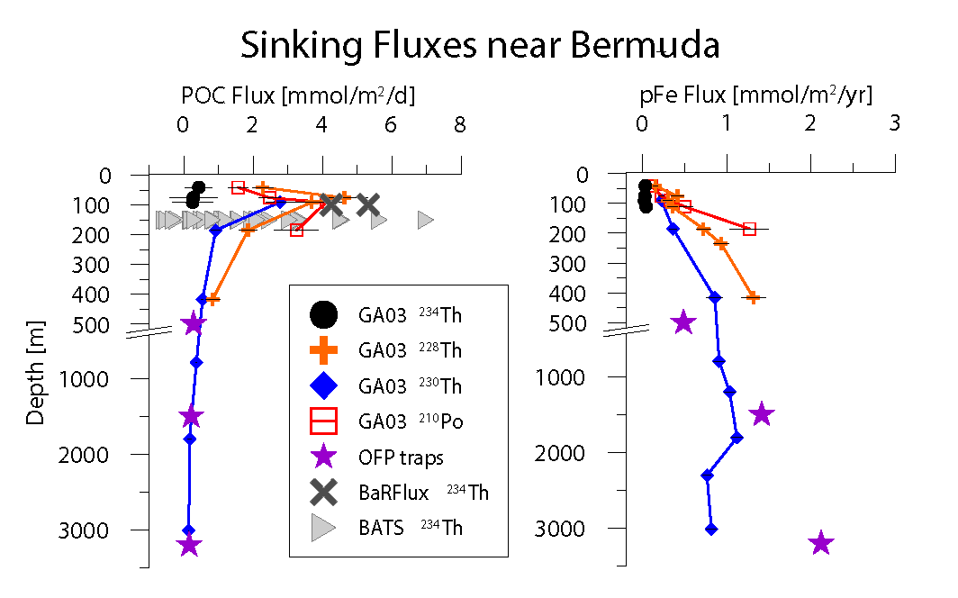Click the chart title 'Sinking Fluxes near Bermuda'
(x=479, y=44)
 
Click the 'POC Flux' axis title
(x=298, y=95)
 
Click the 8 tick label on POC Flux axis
(x=459, y=127)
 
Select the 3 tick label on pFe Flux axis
(x=894, y=127)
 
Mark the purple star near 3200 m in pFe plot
(x=821, y=543)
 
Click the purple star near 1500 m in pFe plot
(x=762, y=414)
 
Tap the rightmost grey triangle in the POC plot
(x=426, y=220)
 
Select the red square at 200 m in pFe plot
(x=749, y=229)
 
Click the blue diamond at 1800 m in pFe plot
(x=737, y=438)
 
